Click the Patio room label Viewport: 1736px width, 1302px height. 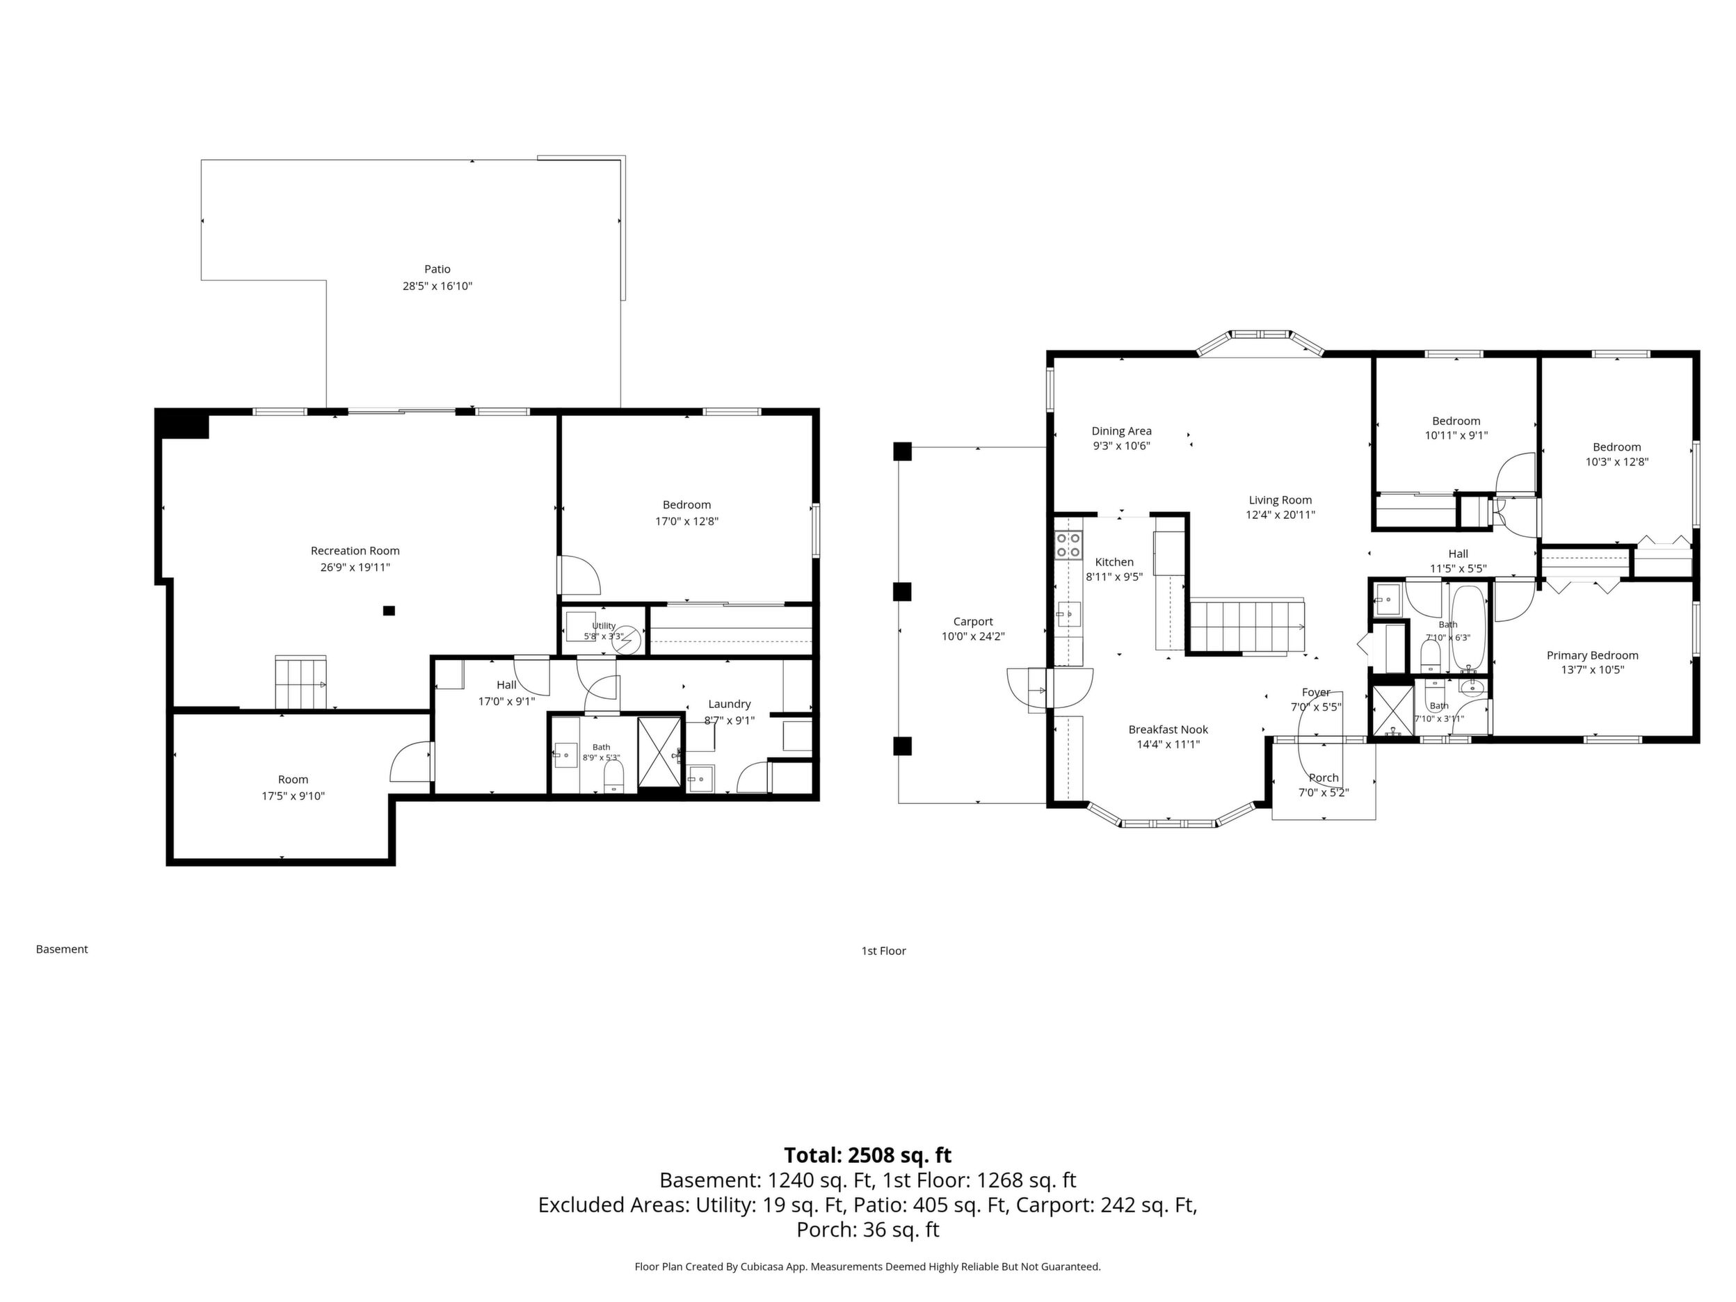point(437,269)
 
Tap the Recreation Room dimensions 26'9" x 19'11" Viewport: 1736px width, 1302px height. point(355,568)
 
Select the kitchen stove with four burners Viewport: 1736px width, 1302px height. point(1068,545)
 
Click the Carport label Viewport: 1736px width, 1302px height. point(973,622)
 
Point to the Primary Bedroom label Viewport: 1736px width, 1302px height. point(1593,655)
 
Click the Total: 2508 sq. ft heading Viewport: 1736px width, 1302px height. point(868,1155)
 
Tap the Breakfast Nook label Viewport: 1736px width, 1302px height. point(1168,730)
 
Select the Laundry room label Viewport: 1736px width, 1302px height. point(729,704)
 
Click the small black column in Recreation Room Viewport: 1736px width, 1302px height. point(389,611)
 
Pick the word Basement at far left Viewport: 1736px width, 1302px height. point(62,949)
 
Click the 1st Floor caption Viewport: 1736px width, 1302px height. point(884,950)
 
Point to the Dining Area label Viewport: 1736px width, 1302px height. point(1121,431)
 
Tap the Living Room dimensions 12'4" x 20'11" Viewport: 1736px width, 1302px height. point(1280,515)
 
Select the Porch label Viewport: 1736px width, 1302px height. point(1323,778)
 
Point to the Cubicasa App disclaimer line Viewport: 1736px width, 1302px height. point(867,1267)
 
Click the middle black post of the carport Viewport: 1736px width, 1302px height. point(903,591)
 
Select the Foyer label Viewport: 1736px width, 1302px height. point(1316,692)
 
